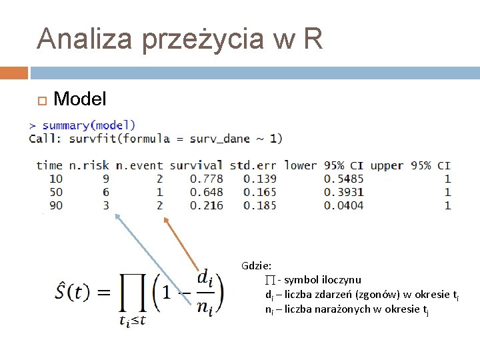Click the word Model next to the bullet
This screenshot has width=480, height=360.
click(x=79, y=99)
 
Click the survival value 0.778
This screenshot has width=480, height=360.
click(x=206, y=179)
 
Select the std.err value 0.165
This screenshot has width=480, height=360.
click(x=259, y=192)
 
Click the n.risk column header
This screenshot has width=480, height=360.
click(x=89, y=165)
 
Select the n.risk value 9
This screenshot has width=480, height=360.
click(x=105, y=179)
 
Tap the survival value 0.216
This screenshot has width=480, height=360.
click(x=206, y=205)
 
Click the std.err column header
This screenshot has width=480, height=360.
click(x=253, y=165)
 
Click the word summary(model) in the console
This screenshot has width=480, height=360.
click(x=89, y=125)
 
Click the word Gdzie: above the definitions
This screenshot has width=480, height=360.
click(x=257, y=265)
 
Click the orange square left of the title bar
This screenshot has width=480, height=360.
click(x=14, y=72)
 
